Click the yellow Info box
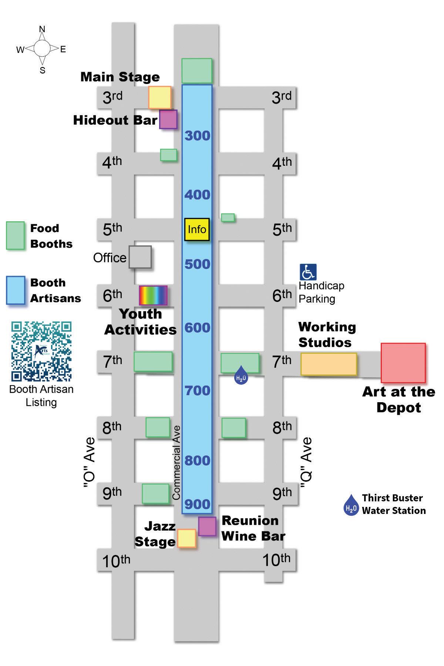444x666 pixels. [x=197, y=229]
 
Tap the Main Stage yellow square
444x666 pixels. [x=160, y=97]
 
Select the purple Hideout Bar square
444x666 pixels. [x=168, y=119]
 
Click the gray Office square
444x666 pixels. [x=140, y=257]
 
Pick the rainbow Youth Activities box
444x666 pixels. [x=153, y=295]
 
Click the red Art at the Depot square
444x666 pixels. [x=403, y=363]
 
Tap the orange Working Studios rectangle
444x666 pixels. [x=329, y=364]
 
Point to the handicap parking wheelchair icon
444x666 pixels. [x=308, y=272]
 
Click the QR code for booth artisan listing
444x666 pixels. [x=41, y=351]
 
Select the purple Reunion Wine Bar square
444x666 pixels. [x=207, y=526]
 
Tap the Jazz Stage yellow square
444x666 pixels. [x=186, y=538]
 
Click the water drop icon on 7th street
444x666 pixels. [x=241, y=375]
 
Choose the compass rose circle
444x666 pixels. [x=42, y=48]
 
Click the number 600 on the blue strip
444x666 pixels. [x=197, y=327]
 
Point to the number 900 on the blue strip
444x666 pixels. [x=197, y=504]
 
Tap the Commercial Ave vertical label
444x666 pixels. [x=176, y=462]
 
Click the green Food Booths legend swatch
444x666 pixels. [x=16, y=236]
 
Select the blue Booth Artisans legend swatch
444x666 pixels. [x=16, y=290]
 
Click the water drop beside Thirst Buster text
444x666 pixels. [x=351, y=505]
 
